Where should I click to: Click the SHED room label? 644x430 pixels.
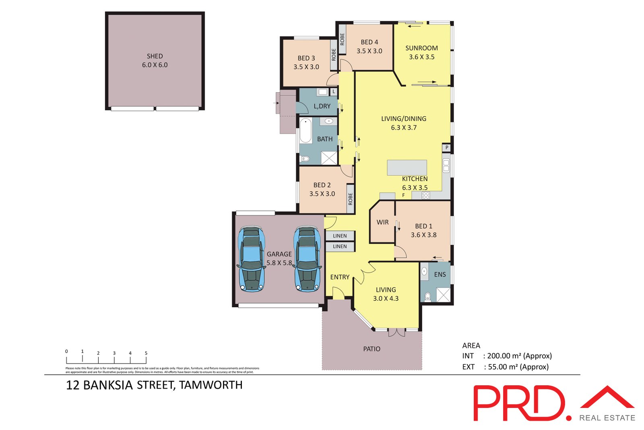(155, 56)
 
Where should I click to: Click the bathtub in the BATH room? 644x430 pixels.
(305, 130)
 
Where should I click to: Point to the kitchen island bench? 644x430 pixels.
(407, 167)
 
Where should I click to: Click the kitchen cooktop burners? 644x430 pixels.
(426, 196)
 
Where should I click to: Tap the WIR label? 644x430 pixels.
(382, 222)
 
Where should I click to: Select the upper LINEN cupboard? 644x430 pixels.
(340, 236)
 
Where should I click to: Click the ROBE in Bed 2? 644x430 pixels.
(350, 198)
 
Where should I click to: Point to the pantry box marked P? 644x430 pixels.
(446, 148)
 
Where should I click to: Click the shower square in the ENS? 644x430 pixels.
(444, 295)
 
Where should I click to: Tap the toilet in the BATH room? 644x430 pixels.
(305, 159)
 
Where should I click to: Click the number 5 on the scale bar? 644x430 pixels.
(146, 353)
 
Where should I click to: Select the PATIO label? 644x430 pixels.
(372, 349)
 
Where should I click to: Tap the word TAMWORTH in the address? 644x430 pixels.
(211, 385)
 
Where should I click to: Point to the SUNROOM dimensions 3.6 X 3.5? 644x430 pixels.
(421, 57)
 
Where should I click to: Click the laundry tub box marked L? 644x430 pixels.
(334, 92)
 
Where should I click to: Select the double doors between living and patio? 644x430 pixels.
(396, 333)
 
